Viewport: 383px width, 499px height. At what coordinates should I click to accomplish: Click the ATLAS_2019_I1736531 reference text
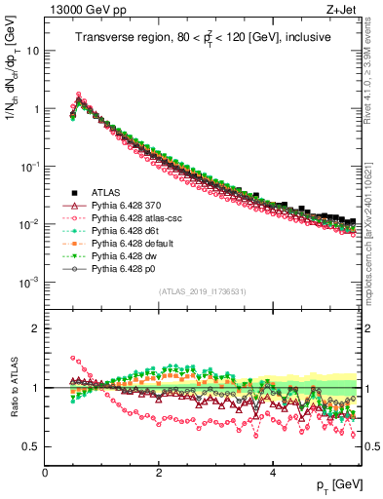click(202, 291)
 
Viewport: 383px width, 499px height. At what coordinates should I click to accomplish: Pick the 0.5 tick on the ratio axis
click(31, 446)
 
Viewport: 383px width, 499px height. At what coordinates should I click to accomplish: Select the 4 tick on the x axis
click(273, 473)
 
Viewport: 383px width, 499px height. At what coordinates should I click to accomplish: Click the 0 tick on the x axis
click(45, 473)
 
